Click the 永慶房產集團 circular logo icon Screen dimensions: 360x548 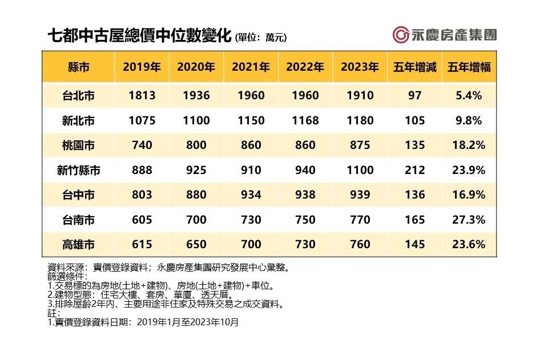(400, 35)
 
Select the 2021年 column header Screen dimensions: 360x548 (251, 67)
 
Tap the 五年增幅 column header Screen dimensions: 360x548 (469, 67)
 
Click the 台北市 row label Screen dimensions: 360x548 (79, 96)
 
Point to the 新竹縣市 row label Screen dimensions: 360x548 (79, 170)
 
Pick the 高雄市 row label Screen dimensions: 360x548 (79, 244)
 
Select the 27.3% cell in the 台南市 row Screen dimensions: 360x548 (469, 220)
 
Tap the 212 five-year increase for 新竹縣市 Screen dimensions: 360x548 (414, 170)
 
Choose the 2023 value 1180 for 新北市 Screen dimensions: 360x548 (360, 121)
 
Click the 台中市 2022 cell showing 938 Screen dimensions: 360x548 (305, 195)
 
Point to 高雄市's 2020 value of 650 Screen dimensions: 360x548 (196, 244)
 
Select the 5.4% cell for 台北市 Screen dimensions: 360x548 (469, 96)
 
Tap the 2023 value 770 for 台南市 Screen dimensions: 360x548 (360, 220)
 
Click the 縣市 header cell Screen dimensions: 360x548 (79, 67)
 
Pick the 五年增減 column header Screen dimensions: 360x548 (414, 67)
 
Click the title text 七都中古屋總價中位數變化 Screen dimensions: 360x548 (140, 36)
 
